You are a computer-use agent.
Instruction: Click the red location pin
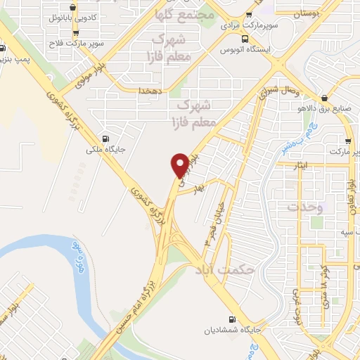pos(181,165)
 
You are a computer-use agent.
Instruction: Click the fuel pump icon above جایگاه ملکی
pos(105,138)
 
